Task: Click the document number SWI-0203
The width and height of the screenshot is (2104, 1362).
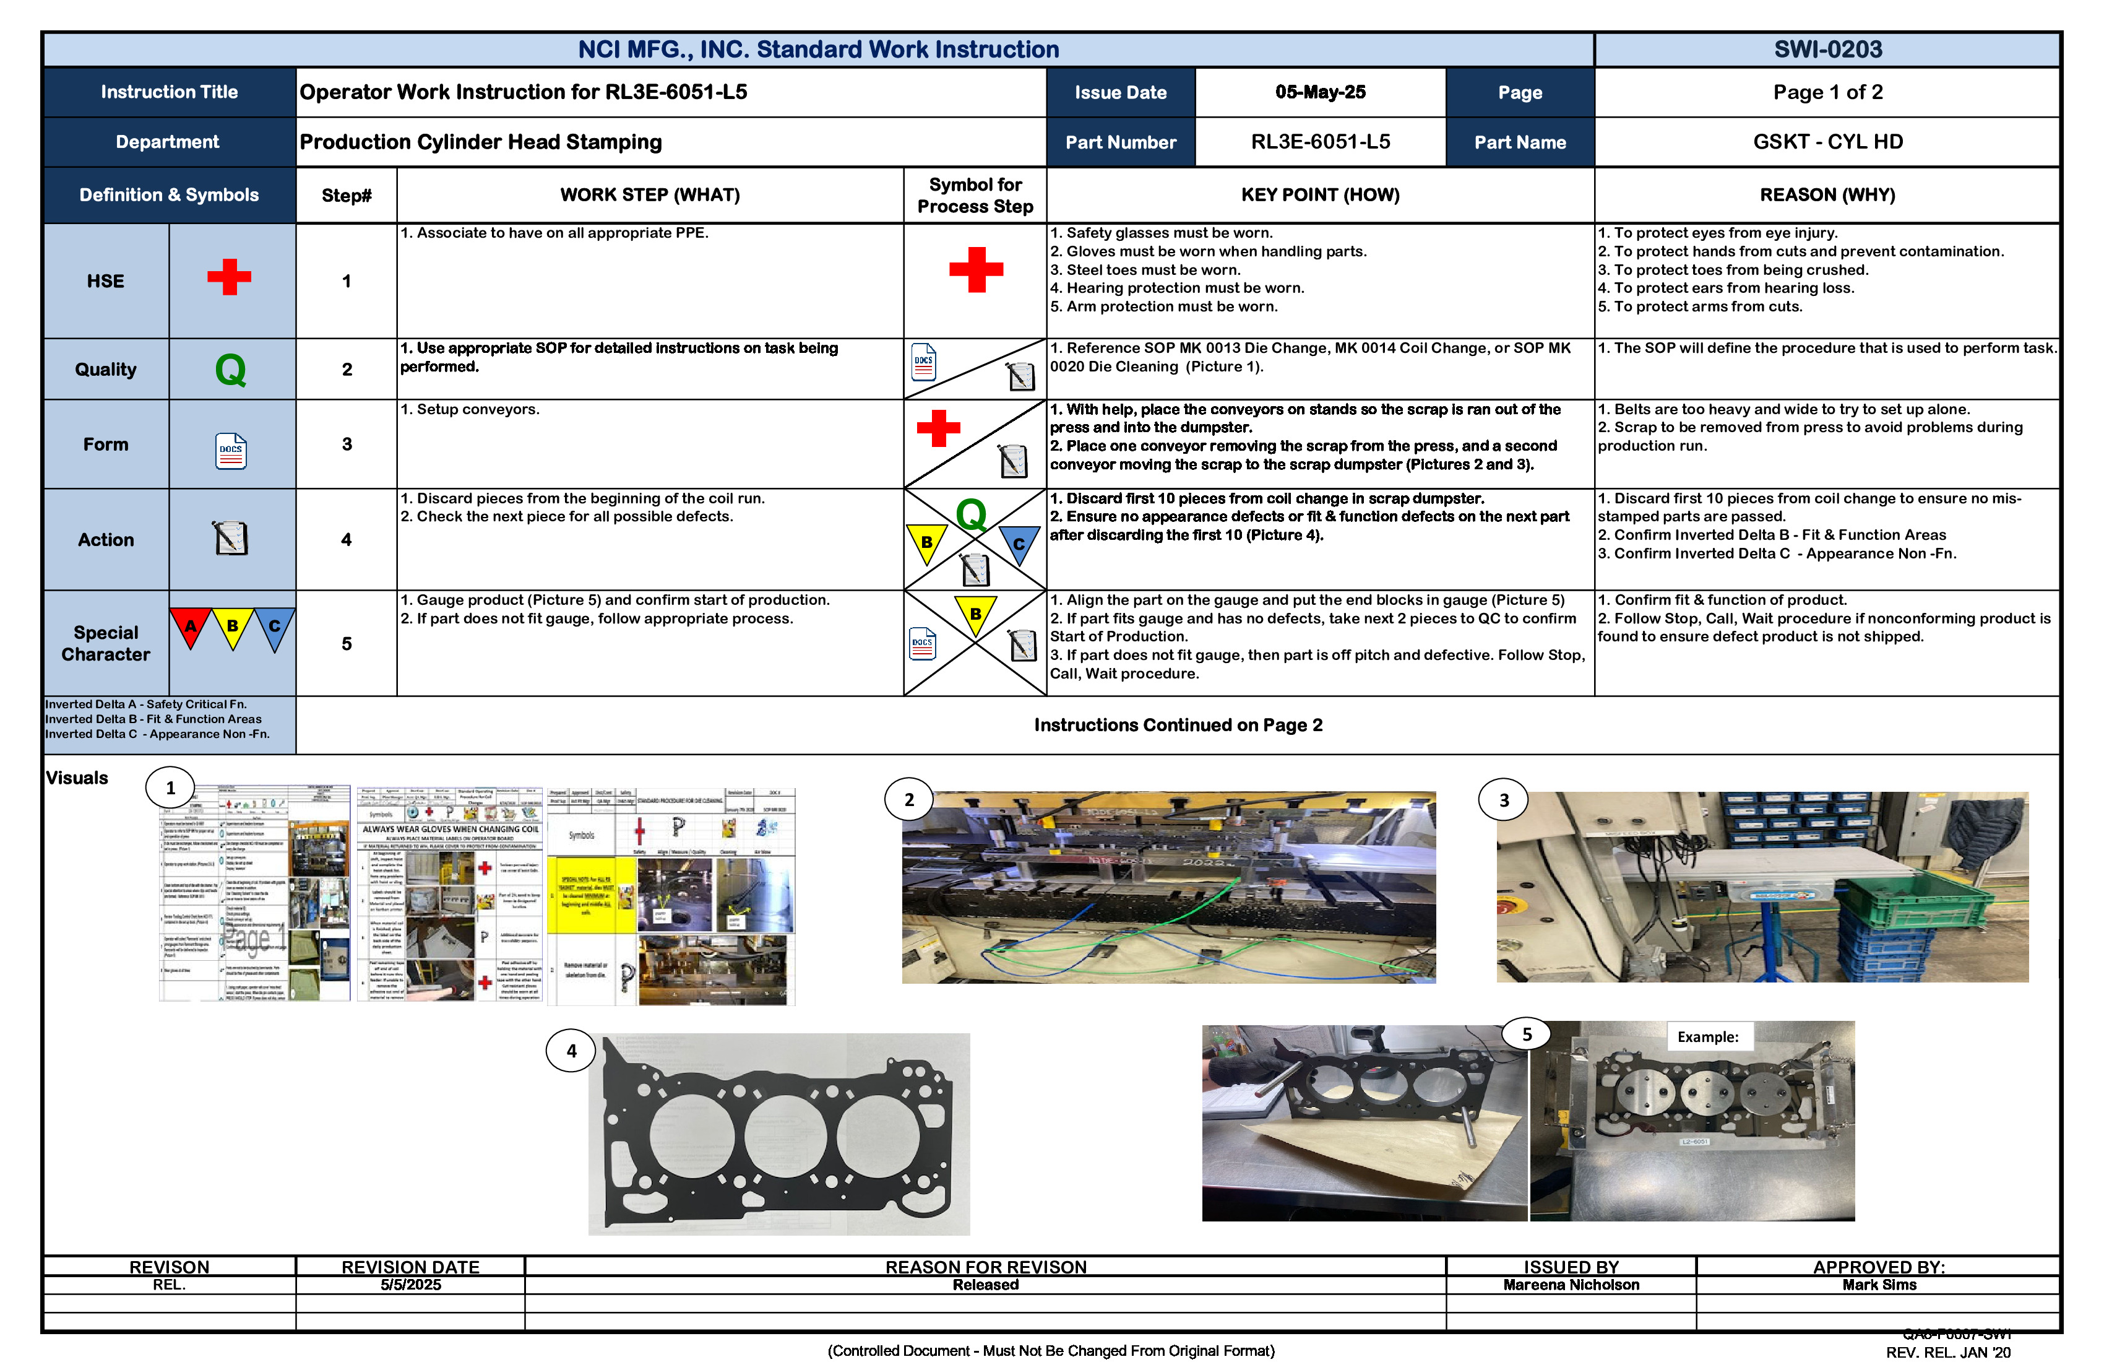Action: pyautogui.click(x=1827, y=50)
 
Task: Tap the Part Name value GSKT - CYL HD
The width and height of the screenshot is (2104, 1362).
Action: pyautogui.click(x=1827, y=142)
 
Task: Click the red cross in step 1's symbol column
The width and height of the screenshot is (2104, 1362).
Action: pyautogui.click(x=975, y=270)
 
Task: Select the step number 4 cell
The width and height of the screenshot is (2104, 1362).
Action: pyautogui.click(x=347, y=539)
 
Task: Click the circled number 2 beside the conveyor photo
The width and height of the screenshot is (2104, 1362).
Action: pyautogui.click(x=909, y=799)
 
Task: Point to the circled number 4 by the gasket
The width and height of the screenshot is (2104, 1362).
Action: pyautogui.click(x=571, y=1051)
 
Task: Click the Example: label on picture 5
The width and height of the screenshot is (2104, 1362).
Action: pyautogui.click(x=1707, y=1036)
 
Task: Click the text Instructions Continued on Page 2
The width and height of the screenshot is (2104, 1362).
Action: pyautogui.click(x=1178, y=725)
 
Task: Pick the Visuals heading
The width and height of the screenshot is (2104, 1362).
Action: pyautogui.click(x=77, y=778)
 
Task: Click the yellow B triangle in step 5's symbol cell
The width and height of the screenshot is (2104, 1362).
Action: pyautogui.click(x=975, y=614)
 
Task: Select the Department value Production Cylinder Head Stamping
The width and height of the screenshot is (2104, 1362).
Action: pyautogui.click(x=480, y=142)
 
